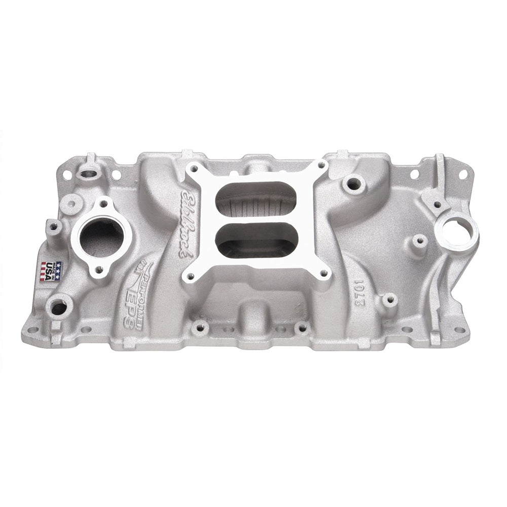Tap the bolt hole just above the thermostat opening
104,204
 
